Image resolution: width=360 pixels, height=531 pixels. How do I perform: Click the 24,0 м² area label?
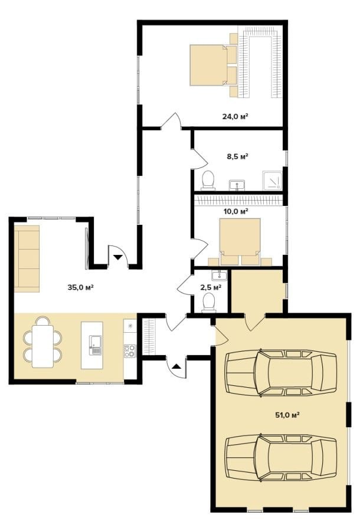coord(235,116)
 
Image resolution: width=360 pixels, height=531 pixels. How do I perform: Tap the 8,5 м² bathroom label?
coord(237,156)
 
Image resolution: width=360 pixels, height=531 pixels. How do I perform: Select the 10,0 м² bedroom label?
coord(236,212)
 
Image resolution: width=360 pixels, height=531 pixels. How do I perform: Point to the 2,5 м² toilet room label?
coord(211,287)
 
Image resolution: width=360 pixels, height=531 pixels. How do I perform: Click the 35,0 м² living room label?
coord(81,287)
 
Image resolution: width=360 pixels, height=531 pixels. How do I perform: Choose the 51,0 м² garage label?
coord(287,415)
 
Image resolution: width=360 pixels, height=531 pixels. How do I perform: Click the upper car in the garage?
coord(282,373)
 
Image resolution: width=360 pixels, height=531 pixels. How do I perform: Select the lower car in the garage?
coord(282,458)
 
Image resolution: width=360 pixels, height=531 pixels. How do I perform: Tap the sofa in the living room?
coord(27,259)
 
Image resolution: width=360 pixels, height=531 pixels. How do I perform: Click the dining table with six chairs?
coord(42,342)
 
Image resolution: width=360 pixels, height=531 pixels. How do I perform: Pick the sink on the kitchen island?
coord(95,345)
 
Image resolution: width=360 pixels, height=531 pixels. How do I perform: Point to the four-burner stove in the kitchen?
coord(130,351)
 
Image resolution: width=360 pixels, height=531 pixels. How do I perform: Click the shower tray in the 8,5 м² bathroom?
coord(272,180)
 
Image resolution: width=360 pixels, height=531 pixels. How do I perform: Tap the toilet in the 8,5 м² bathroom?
coord(208,180)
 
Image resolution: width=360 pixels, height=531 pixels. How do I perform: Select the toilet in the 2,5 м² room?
coord(208,303)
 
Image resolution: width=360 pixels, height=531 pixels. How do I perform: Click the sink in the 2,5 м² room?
coord(219,275)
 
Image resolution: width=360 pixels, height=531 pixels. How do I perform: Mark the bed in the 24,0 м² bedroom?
coord(208,65)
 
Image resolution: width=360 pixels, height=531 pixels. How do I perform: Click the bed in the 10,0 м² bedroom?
coord(240,237)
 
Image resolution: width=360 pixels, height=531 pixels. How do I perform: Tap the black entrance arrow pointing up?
coord(177,366)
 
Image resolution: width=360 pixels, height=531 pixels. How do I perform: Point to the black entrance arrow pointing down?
coord(117,257)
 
